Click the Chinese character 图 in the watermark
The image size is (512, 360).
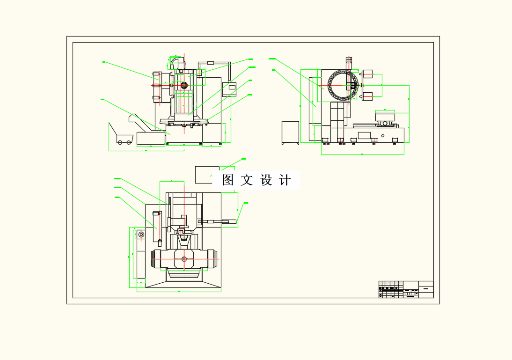(228, 180)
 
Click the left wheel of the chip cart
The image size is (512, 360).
(120, 142)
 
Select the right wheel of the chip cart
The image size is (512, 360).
(128, 142)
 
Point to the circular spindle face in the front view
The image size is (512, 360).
(184, 85)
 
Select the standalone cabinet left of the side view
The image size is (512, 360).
(290, 132)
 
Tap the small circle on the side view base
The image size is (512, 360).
(383, 136)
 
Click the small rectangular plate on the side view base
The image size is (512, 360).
(364, 135)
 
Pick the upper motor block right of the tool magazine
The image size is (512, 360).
(367, 73)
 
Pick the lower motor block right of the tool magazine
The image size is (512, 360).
(367, 96)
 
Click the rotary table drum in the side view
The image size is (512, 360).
(385, 117)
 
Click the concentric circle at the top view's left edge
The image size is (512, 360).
(141, 235)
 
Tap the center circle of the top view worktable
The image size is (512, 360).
(184, 259)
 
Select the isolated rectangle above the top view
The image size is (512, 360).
(207, 174)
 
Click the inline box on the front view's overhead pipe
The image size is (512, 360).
(210, 62)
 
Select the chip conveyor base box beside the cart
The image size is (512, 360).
(151, 139)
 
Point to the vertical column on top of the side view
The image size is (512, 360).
(348, 62)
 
